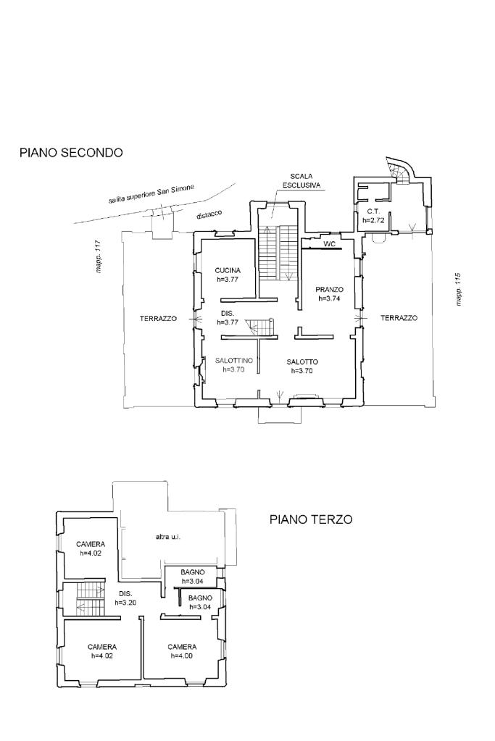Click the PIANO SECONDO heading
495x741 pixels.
coord(71,153)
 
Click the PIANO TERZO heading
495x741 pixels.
coord(311,519)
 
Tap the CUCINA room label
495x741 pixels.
coord(228,271)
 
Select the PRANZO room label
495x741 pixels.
coord(330,290)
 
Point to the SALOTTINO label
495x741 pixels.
coord(234,361)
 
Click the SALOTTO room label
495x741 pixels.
coord(302,362)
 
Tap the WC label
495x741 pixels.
coord(329,244)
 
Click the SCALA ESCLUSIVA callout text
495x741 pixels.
coord(301,181)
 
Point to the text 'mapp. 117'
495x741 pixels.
coord(99,257)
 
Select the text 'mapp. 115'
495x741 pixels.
coord(458,290)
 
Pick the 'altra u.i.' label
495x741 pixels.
coord(168,537)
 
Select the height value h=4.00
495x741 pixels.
coord(182,656)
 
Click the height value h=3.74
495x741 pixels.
coord(330,298)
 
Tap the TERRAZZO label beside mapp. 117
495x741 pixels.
coord(158,319)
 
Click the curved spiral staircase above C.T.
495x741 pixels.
coord(399,171)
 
